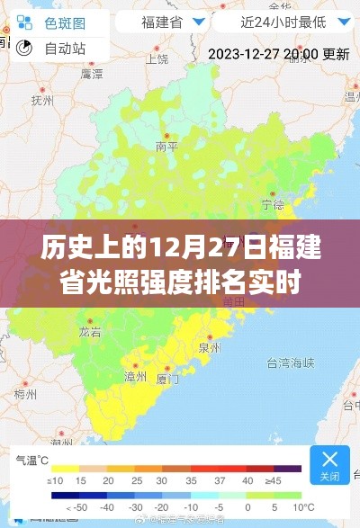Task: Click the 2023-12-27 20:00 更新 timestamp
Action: (x=279, y=54)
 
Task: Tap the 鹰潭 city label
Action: (x=90, y=71)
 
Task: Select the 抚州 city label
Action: (x=41, y=102)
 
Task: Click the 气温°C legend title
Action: (x=31, y=459)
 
